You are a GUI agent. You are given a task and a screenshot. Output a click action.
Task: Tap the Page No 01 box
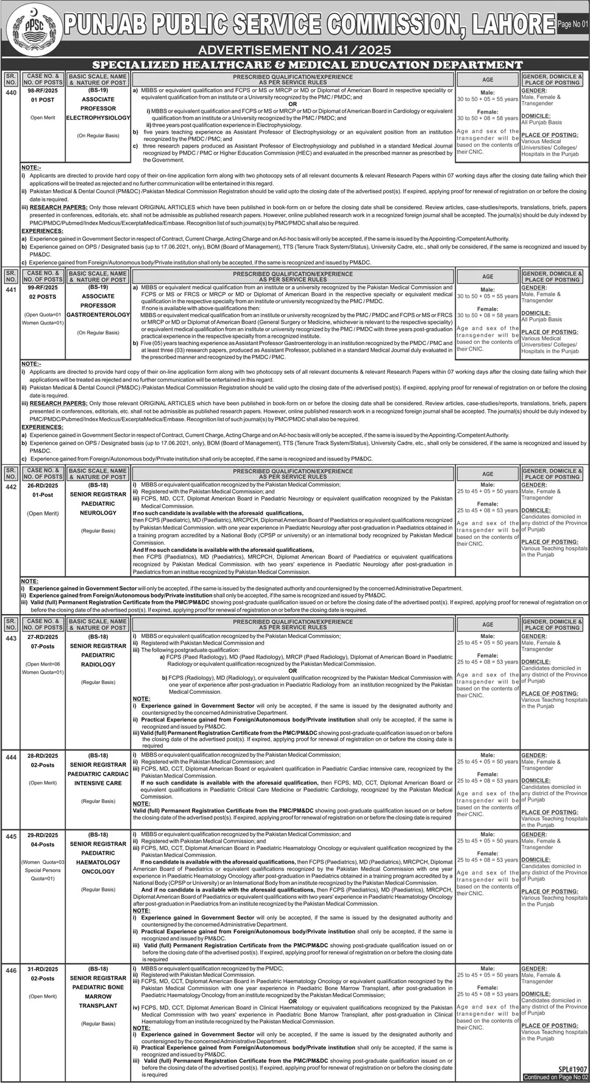pyautogui.click(x=572, y=24)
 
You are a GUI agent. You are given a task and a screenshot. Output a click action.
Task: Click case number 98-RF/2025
pyautogui.click(x=43, y=90)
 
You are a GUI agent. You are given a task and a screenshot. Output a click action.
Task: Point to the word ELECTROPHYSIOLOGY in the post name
pyautogui.click(x=98, y=118)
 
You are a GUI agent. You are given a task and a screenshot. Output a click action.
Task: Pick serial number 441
pyautogui.click(x=10, y=290)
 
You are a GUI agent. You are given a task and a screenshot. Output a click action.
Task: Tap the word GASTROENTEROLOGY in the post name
pyautogui.click(x=98, y=315)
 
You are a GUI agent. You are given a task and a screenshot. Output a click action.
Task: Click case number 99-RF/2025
pyautogui.click(x=43, y=287)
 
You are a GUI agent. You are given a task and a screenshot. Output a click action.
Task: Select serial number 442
pyautogui.click(x=10, y=487)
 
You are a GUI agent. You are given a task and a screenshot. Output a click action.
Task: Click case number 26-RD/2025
pyautogui.click(x=43, y=485)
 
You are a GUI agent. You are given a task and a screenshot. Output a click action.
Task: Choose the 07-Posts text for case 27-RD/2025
pyautogui.click(x=43, y=646)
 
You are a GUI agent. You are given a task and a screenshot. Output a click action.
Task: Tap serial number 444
pyautogui.click(x=10, y=757)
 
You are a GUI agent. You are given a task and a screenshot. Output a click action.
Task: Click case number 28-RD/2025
pyautogui.click(x=43, y=756)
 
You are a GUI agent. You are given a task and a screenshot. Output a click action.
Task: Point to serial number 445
pyautogui.click(x=10, y=837)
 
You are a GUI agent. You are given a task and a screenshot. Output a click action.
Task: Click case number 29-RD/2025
pyautogui.click(x=43, y=835)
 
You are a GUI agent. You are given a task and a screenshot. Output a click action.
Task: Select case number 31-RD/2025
pyautogui.click(x=43, y=969)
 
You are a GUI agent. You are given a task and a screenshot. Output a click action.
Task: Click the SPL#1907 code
pyautogui.click(x=572, y=1070)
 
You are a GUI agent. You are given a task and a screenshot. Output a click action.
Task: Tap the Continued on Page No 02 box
pyautogui.click(x=555, y=1078)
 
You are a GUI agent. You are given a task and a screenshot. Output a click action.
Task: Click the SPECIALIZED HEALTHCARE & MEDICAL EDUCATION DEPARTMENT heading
pyautogui.click(x=307, y=65)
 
